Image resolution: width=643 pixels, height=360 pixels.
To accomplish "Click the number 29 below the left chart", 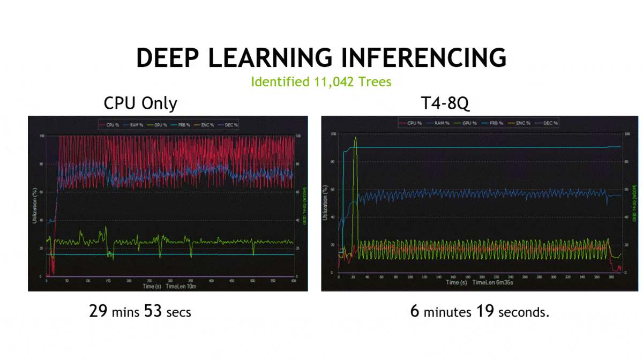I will coord(99,311).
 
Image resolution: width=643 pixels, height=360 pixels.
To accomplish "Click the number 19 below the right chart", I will coord(486,311).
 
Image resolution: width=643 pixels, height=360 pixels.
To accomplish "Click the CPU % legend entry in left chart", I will coord(109,125).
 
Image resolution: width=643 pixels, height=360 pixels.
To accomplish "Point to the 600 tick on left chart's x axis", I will coord(293,281).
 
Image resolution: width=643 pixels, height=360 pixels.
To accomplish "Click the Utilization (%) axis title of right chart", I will coord(325,202).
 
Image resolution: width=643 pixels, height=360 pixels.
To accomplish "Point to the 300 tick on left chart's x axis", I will coord(170,281).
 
